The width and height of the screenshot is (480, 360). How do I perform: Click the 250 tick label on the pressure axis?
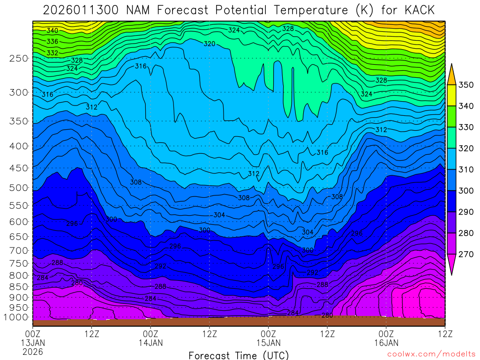point(19,58)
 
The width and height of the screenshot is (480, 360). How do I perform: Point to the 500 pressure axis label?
point(19,188)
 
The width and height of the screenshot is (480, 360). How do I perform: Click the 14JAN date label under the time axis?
point(151,343)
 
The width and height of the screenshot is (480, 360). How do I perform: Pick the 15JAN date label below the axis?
point(268,343)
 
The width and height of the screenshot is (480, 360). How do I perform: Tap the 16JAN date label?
point(386,343)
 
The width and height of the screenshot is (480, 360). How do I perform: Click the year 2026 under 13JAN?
point(33,351)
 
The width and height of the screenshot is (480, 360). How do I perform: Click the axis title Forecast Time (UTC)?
point(239,355)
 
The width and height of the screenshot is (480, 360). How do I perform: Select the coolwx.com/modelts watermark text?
point(431,354)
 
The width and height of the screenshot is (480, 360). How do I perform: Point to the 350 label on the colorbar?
point(466,85)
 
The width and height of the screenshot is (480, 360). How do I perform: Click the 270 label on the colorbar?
point(466,255)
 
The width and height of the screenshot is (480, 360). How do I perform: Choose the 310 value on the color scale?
point(466,170)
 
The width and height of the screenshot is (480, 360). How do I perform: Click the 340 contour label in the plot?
point(52,31)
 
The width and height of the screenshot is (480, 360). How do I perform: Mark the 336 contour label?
point(52,42)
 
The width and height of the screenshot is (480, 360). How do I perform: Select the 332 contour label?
point(52,53)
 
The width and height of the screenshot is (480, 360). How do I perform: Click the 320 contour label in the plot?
point(210,44)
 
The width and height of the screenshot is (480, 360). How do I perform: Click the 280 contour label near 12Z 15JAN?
point(327,315)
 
